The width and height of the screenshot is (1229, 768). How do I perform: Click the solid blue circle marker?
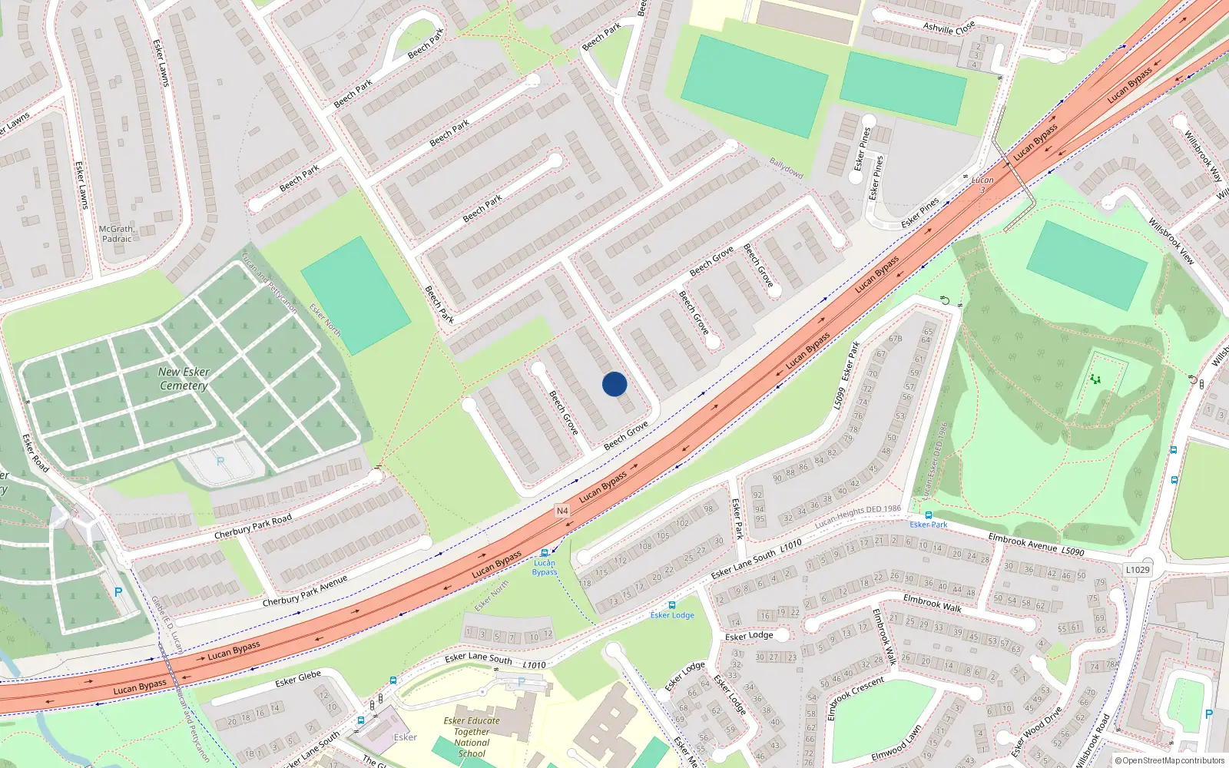tap(614, 384)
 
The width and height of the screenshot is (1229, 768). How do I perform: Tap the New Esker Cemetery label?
tap(184, 379)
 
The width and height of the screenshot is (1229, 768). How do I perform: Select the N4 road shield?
tap(562, 511)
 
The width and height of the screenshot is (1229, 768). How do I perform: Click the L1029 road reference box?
tap(1138, 570)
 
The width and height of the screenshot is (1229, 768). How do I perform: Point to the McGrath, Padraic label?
tap(117, 234)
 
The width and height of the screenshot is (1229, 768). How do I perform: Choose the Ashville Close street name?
tap(949, 28)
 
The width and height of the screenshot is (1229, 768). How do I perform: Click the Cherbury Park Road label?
tap(253, 526)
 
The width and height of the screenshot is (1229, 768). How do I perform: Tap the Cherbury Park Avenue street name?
tap(304, 591)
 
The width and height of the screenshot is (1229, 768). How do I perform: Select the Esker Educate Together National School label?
tap(472, 737)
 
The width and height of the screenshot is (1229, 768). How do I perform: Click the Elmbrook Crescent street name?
tap(856, 698)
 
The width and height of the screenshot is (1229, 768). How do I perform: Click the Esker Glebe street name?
tap(298, 679)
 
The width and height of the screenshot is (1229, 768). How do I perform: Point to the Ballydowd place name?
tap(786, 168)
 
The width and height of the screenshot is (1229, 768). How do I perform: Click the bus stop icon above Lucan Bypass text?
tap(545, 553)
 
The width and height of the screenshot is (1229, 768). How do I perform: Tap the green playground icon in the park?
tap(1095, 379)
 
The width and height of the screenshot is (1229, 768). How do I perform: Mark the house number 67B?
tap(895, 338)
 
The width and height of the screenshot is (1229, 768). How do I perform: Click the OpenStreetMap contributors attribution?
tap(1170, 761)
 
